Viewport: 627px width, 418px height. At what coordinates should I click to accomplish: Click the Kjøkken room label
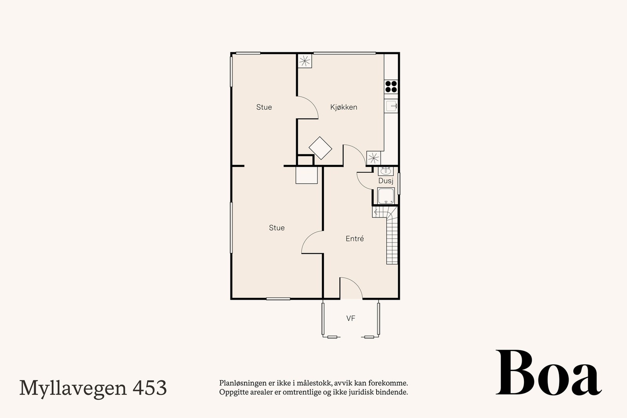(x=344, y=107)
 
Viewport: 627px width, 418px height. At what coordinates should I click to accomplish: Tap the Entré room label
(x=355, y=239)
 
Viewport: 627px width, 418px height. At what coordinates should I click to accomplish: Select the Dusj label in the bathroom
(x=386, y=181)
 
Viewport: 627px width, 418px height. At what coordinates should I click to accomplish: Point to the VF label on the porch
(x=351, y=318)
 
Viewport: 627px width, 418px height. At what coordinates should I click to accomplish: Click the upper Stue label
(x=264, y=107)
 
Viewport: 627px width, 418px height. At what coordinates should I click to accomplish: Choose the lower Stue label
(x=277, y=228)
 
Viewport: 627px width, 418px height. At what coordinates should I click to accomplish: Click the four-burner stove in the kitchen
(x=391, y=86)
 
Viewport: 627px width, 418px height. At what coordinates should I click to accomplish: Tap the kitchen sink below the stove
(x=391, y=106)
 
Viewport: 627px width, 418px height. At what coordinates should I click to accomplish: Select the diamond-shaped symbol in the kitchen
(x=320, y=148)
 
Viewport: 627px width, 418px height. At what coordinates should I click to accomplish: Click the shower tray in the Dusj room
(x=386, y=196)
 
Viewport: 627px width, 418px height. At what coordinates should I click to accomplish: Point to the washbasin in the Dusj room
(x=386, y=171)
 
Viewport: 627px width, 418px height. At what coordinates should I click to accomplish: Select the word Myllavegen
(x=73, y=389)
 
